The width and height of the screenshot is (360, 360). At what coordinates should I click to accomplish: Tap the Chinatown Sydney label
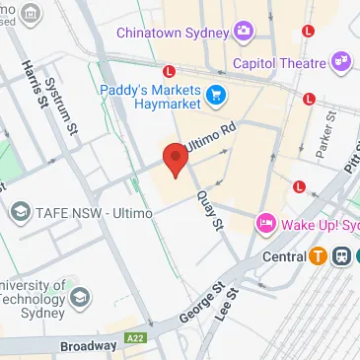174,33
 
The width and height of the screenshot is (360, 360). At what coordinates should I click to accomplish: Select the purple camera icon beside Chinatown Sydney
242,33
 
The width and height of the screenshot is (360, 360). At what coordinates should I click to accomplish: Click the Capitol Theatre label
279,63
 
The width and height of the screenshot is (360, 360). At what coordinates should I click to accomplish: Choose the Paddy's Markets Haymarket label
151,95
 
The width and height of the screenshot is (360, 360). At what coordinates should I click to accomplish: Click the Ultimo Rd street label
209,130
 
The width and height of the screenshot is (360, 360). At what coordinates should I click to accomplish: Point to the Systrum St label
67,106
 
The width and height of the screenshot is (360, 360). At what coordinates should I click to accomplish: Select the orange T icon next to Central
318,256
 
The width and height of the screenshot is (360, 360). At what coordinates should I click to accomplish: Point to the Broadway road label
88,345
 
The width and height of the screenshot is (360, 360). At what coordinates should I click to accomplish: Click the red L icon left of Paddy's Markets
171,71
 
